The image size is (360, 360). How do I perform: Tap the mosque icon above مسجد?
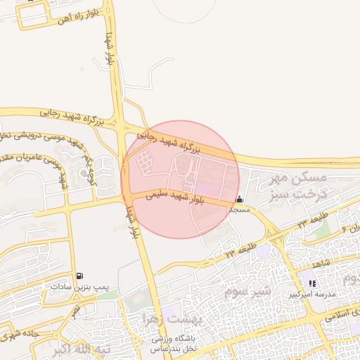[240, 199]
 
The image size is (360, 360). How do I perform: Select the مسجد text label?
[240, 210]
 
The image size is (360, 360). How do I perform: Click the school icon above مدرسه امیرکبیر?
[312, 284]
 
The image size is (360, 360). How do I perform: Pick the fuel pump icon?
[79, 276]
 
